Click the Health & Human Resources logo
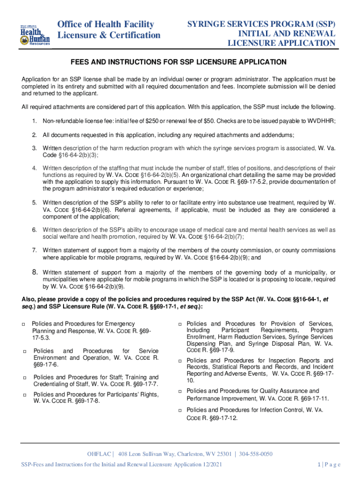[x=34, y=34]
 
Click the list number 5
[x=34, y=203]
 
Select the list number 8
[x=34, y=272]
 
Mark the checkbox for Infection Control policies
[x=180, y=410]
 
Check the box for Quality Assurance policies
[x=180, y=391]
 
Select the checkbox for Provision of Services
[x=180, y=324]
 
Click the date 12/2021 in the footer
[x=211, y=464]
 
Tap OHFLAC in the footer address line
[x=100, y=454]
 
